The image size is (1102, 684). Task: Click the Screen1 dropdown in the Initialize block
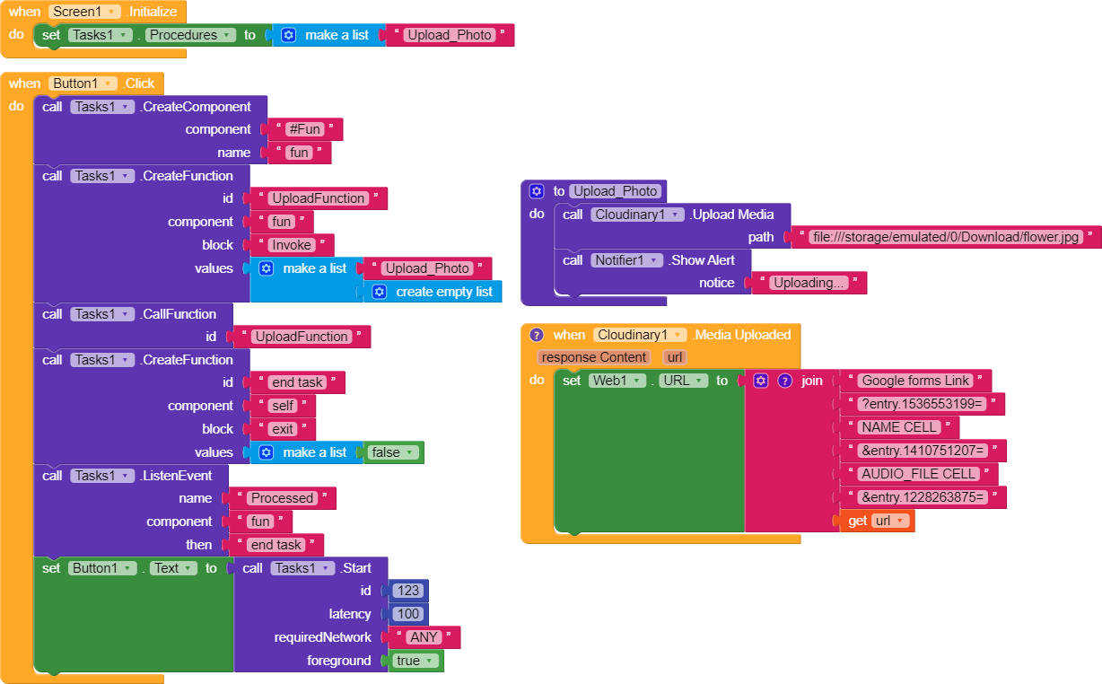coord(84,12)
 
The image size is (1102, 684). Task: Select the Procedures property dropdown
coord(191,35)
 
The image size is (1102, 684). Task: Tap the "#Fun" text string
coord(305,129)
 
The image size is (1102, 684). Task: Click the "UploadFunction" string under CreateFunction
coord(318,198)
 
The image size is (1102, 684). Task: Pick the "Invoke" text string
coord(292,245)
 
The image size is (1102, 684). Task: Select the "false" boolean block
coord(390,452)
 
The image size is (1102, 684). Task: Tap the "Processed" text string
coord(282,498)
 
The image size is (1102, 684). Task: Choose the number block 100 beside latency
coord(409,614)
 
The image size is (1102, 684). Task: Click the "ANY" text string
coord(424,637)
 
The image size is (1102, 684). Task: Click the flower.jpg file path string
coord(945,237)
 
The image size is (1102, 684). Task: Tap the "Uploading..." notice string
coord(808,283)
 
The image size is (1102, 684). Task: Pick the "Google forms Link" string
coord(914,381)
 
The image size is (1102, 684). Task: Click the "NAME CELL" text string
coord(898,427)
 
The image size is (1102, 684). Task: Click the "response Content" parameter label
coord(592,357)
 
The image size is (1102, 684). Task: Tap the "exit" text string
coord(283,429)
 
